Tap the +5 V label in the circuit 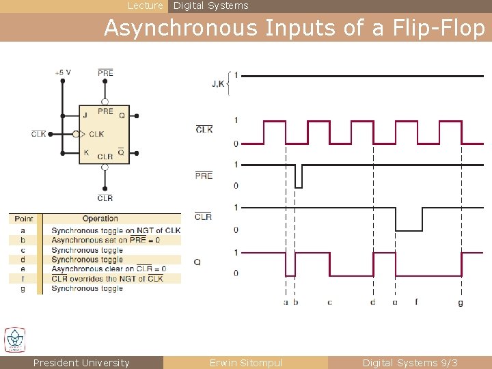[x=63, y=72]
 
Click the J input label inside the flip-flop [x=85, y=115]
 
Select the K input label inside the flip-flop [x=86, y=152]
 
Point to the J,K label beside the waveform [x=218, y=84]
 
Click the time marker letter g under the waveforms [x=461, y=302]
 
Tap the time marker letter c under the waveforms [x=329, y=302]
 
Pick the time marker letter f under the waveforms [x=416, y=301]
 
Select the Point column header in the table [x=24, y=219]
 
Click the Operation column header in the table [x=100, y=219]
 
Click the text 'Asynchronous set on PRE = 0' [x=106, y=240]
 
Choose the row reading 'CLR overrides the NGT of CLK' [x=107, y=278]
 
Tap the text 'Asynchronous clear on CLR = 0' [x=109, y=269]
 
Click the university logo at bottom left [x=15, y=340]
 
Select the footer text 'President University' [x=81, y=363]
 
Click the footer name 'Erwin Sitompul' [x=245, y=363]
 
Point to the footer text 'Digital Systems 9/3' [x=410, y=363]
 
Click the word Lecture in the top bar [x=146, y=5]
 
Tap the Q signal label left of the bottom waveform [x=197, y=262]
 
